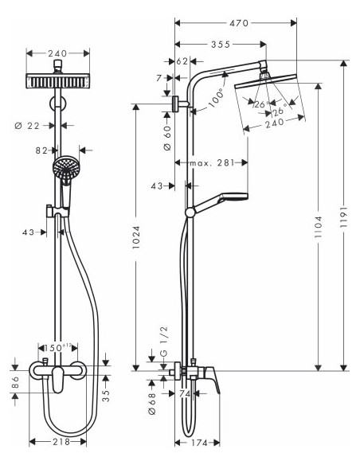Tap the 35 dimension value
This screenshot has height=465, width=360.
point(106,392)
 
